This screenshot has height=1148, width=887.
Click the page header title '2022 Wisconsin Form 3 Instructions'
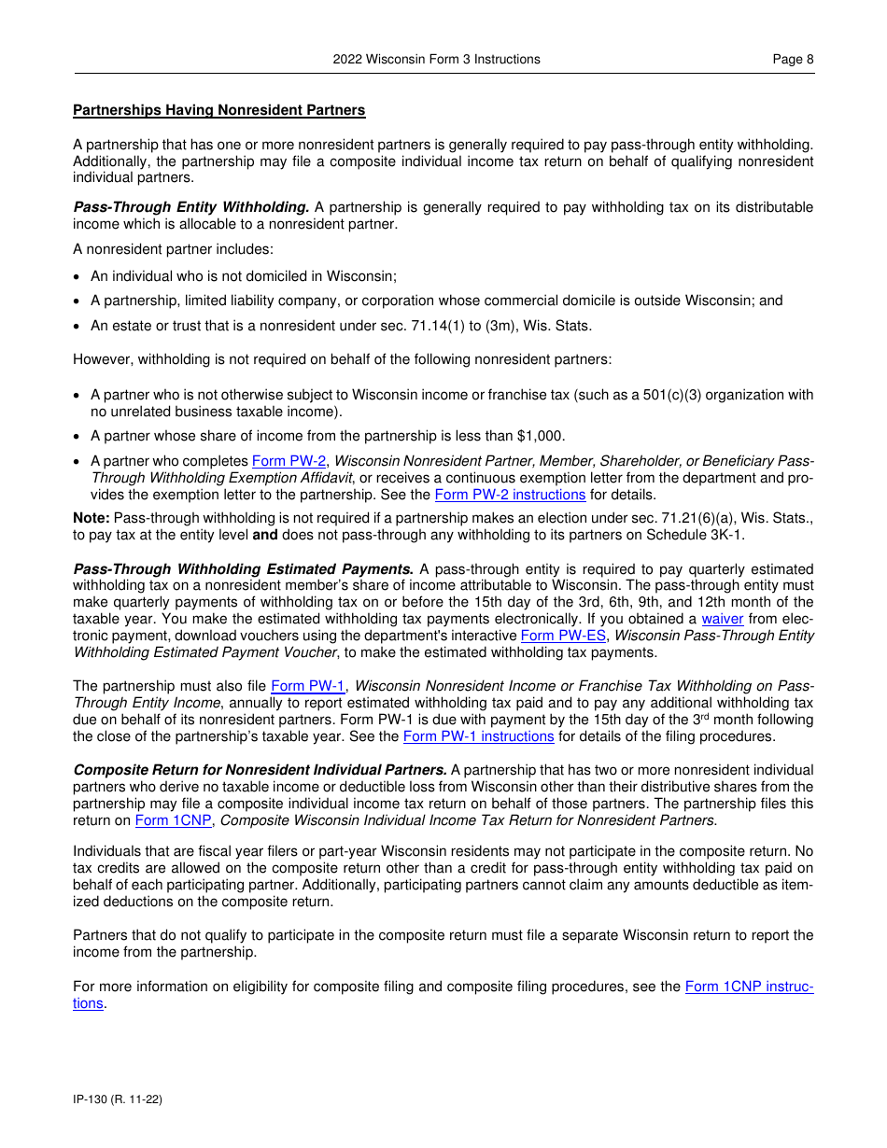436,59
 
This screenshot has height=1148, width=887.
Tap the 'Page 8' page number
793,59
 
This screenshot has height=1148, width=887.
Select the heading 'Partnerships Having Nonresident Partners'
219,110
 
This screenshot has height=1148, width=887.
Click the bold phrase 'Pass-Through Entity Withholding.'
191,207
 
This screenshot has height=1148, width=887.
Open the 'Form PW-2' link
289,461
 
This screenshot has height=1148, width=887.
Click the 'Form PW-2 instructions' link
510,495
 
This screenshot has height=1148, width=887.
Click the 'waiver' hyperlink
722,619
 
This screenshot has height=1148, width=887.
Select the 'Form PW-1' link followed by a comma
307,686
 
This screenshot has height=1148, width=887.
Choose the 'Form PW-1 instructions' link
478,736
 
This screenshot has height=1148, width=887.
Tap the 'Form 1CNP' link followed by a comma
173,820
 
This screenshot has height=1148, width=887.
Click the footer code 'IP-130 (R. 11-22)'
118,1099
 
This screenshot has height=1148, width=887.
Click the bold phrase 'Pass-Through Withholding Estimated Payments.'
244,568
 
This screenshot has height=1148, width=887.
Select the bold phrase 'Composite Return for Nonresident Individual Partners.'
260,770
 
